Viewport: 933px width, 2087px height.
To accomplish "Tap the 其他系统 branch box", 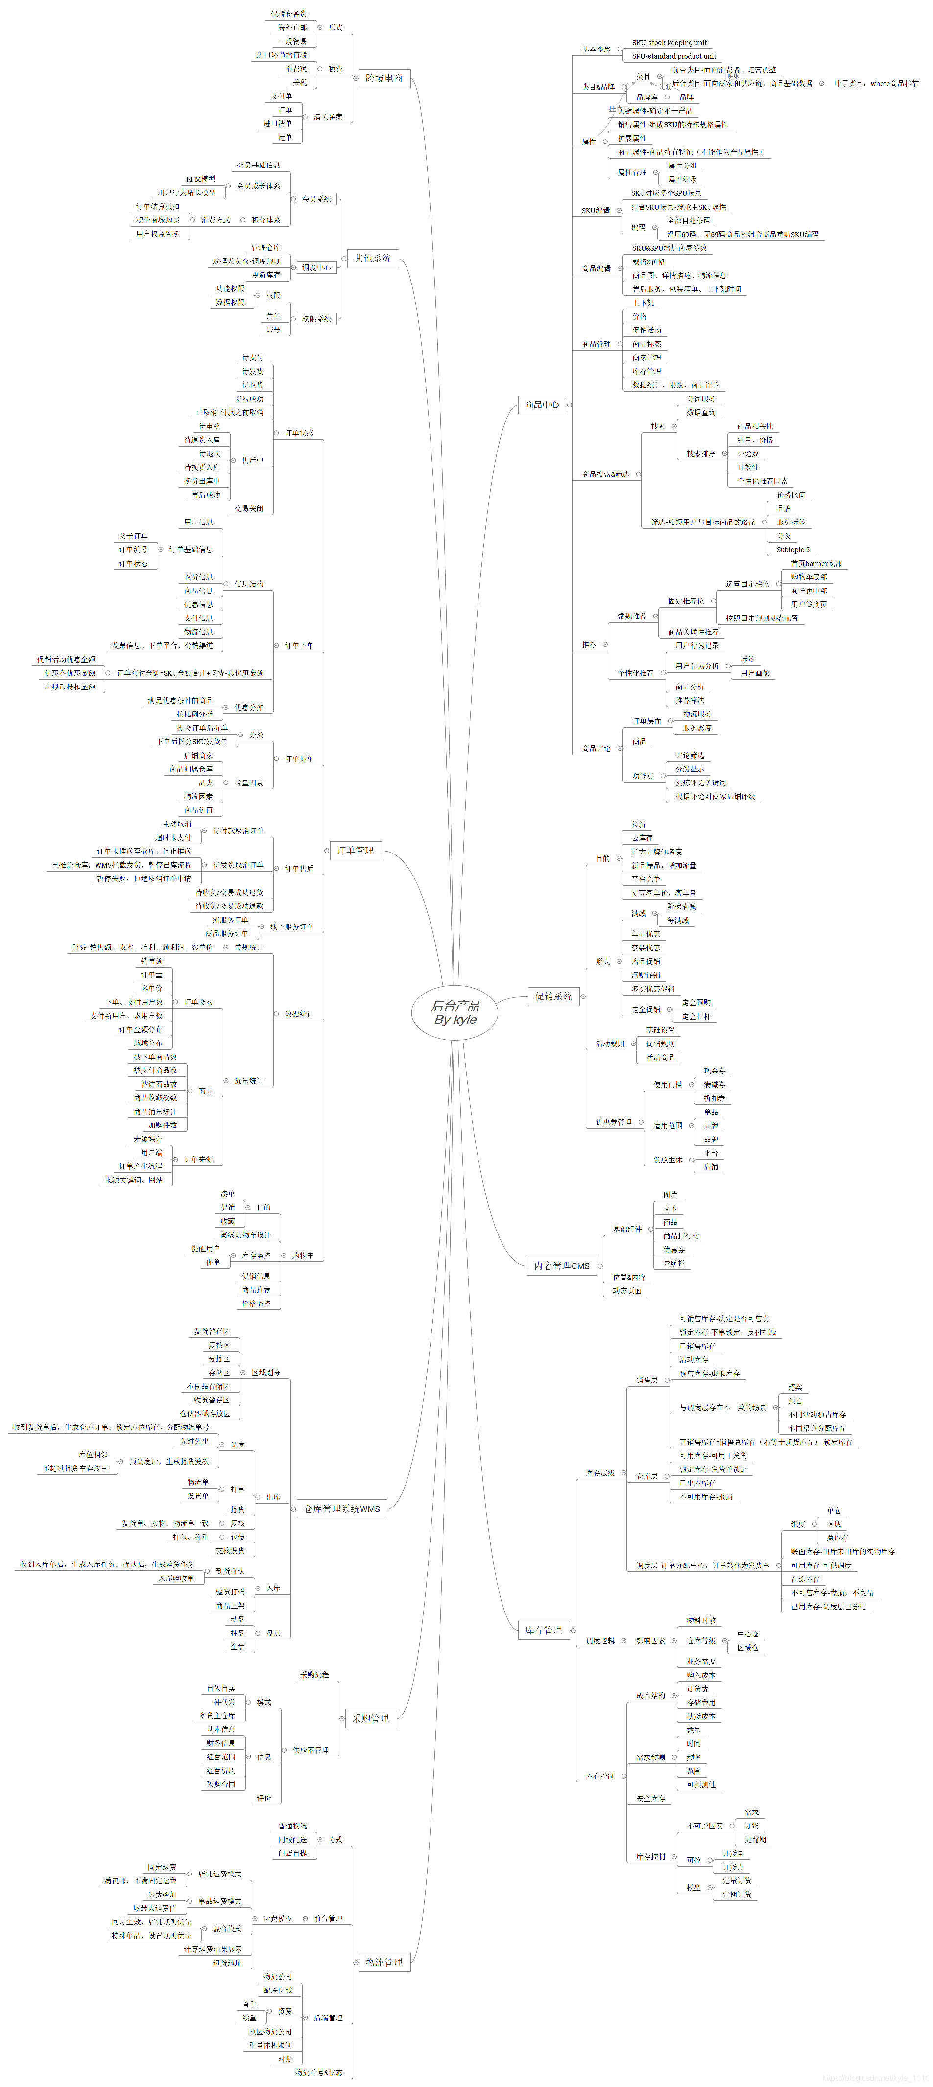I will tap(372, 259).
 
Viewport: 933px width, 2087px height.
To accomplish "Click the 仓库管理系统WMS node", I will tap(341, 1509).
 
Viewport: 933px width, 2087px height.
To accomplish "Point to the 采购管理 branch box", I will tap(370, 1718).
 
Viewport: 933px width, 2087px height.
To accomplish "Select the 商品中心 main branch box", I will tap(542, 404).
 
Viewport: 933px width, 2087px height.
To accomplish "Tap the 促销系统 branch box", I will tap(553, 996).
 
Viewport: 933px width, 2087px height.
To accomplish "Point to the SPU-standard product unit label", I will tap(673, 57).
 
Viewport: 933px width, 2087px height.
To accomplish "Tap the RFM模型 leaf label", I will tap(200, 179).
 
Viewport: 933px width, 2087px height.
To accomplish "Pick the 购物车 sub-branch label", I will tap(302, 1255).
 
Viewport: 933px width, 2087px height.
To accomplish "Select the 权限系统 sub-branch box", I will tap(316, 319).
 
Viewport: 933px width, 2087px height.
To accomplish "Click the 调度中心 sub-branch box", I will tap(316, 267).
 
